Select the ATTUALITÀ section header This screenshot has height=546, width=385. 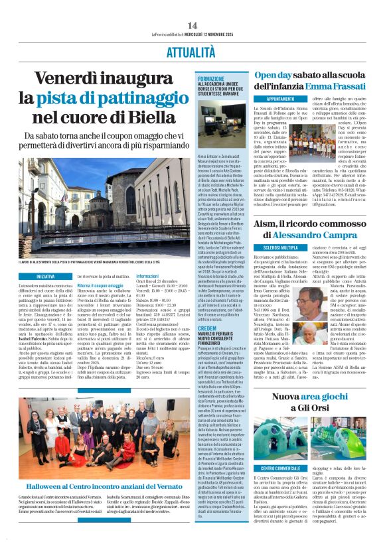(x=192, y=50)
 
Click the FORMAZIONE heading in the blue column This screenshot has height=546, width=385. (x=210, y=78)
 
